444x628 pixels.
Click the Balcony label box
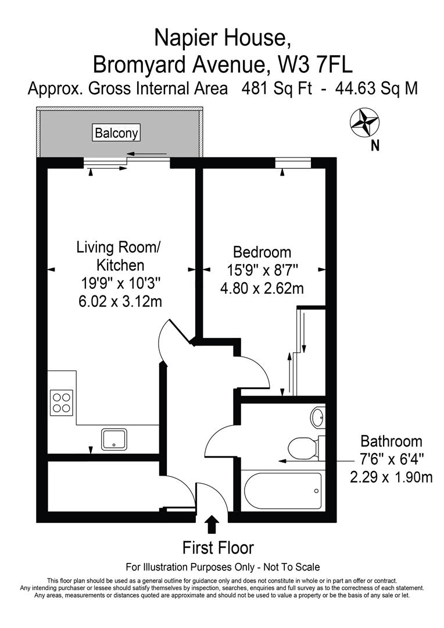click(x=117, y=133)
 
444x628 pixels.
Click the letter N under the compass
click(x=375, y=145)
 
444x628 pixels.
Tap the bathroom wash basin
click(x=317, y=416)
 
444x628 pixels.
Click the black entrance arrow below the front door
click(x=212, y=524)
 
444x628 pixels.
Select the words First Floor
click(x=218, y=548)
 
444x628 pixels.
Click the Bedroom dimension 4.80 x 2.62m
click(x=262, y=288)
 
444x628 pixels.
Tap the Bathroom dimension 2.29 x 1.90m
click(x=391, y=477)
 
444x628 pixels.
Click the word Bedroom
click(x=262, y=252)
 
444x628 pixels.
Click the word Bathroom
click(x=391, y=441)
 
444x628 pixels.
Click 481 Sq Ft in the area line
click(x=283, y=89)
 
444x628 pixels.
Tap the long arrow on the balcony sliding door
click(x=148, y=155)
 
